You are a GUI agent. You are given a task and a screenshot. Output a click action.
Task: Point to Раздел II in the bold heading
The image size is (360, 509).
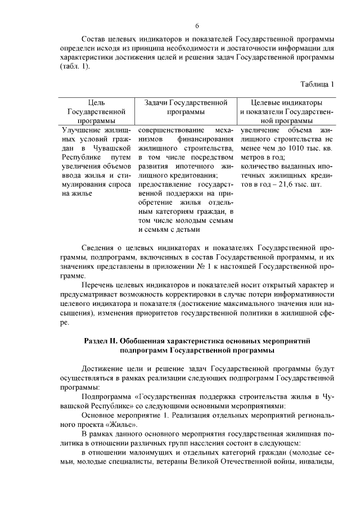click(103, 341)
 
